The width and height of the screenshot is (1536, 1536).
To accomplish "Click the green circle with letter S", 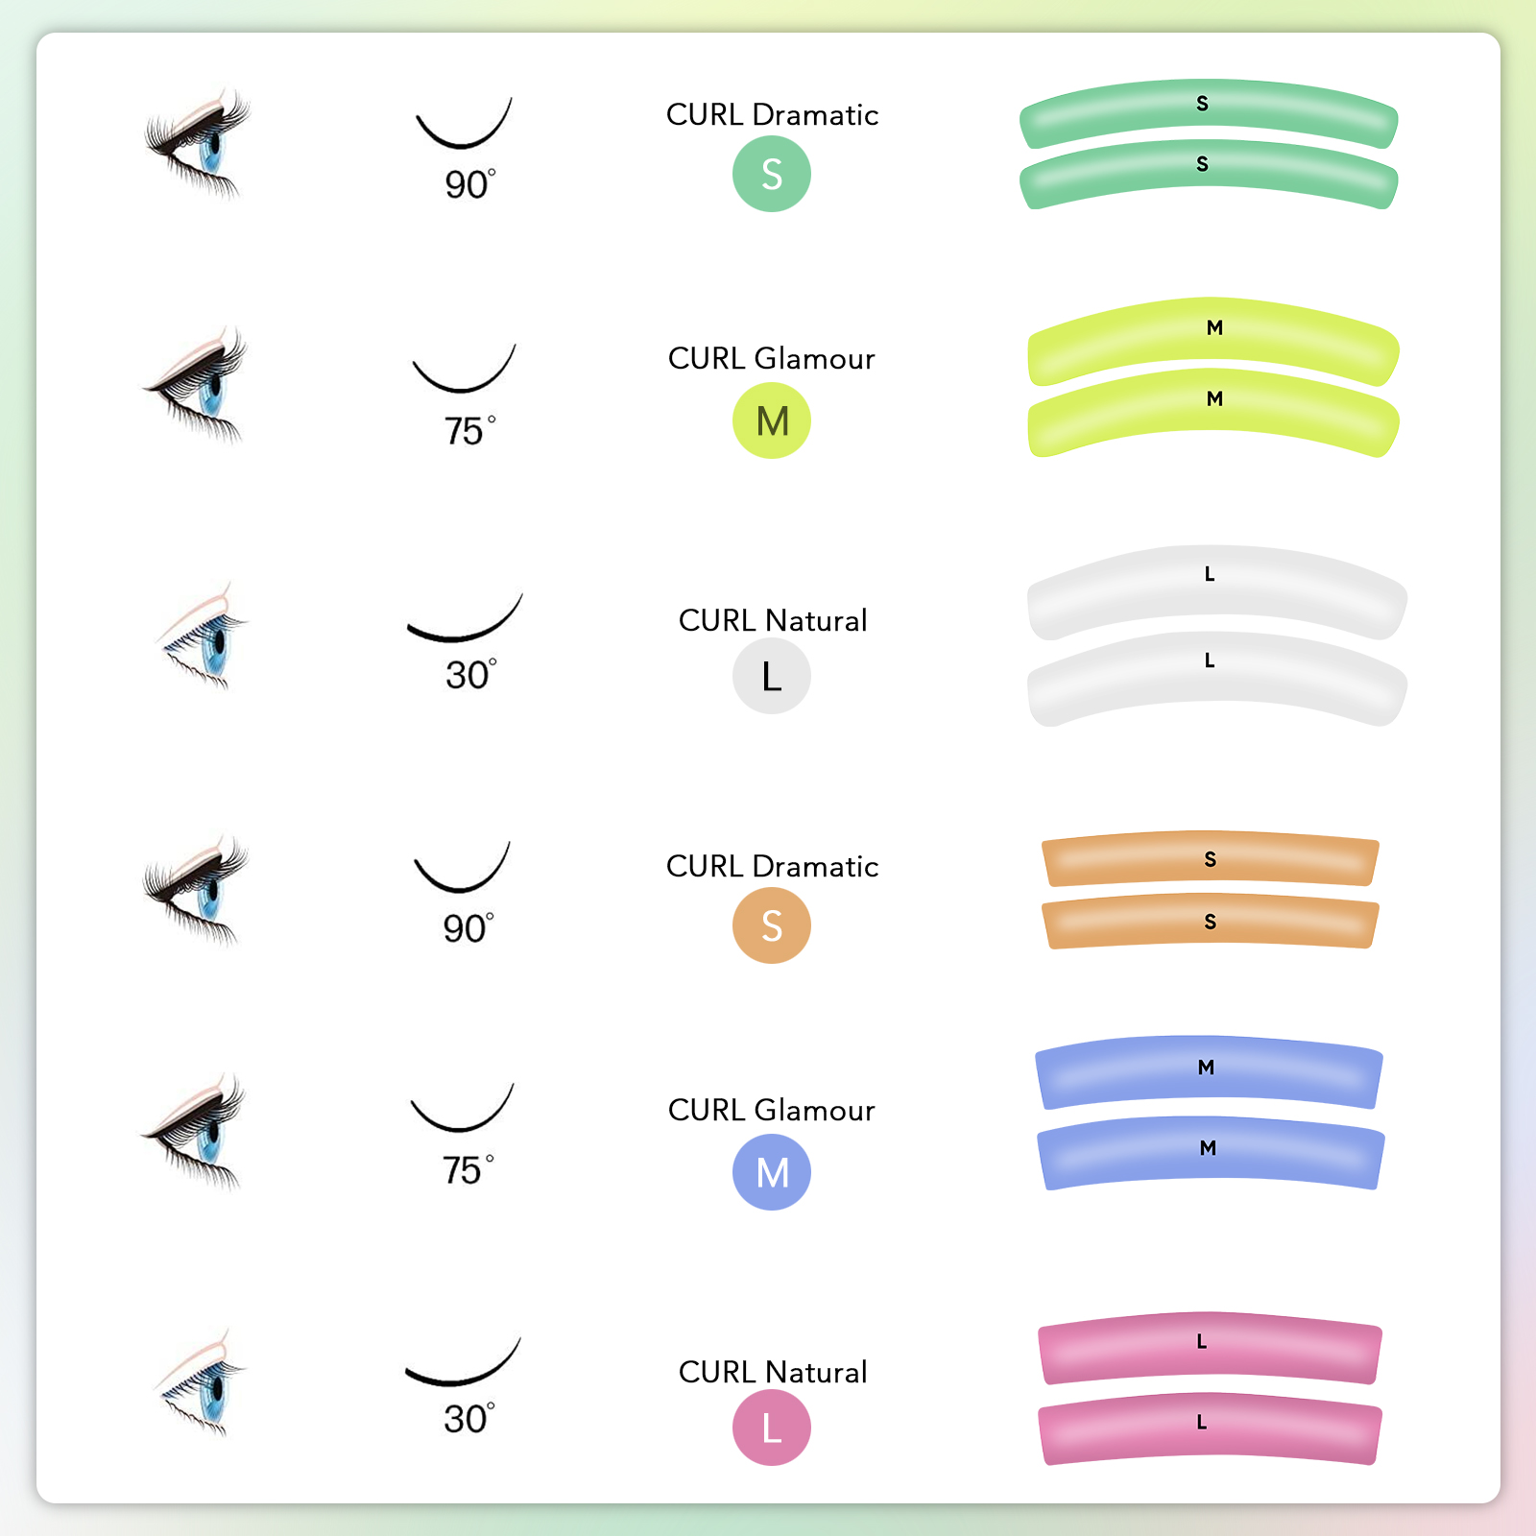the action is pyautogui.click(x=772, y=174).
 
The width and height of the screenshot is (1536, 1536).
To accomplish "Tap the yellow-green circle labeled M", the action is pyautogui.click(x=772, y=420).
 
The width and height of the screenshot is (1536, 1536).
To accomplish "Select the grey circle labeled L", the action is pyautogui.click(x=772, y=676).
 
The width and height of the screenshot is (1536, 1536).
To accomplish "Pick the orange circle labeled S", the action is pyautogui.click(x=772, y=925).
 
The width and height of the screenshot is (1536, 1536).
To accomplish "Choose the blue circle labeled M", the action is pyautogui.click(x=772, y=1172).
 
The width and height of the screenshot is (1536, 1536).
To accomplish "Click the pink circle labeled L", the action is pyautogui.click(x=772, y=1428).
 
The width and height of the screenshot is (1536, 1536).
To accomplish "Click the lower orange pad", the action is pyautogui.click(x=1211, y=923).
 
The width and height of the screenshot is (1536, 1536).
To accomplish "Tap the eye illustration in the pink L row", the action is pyautogui.click(x=203, y=1381).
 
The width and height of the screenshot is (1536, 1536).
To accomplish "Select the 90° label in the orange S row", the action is pyautogui.click(x=468, y=928).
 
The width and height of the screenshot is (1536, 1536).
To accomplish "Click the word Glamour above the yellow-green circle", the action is pyautogui.click(x=814, y=359).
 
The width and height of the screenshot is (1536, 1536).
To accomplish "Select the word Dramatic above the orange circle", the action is pyautogui.click(x=815, y=867).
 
